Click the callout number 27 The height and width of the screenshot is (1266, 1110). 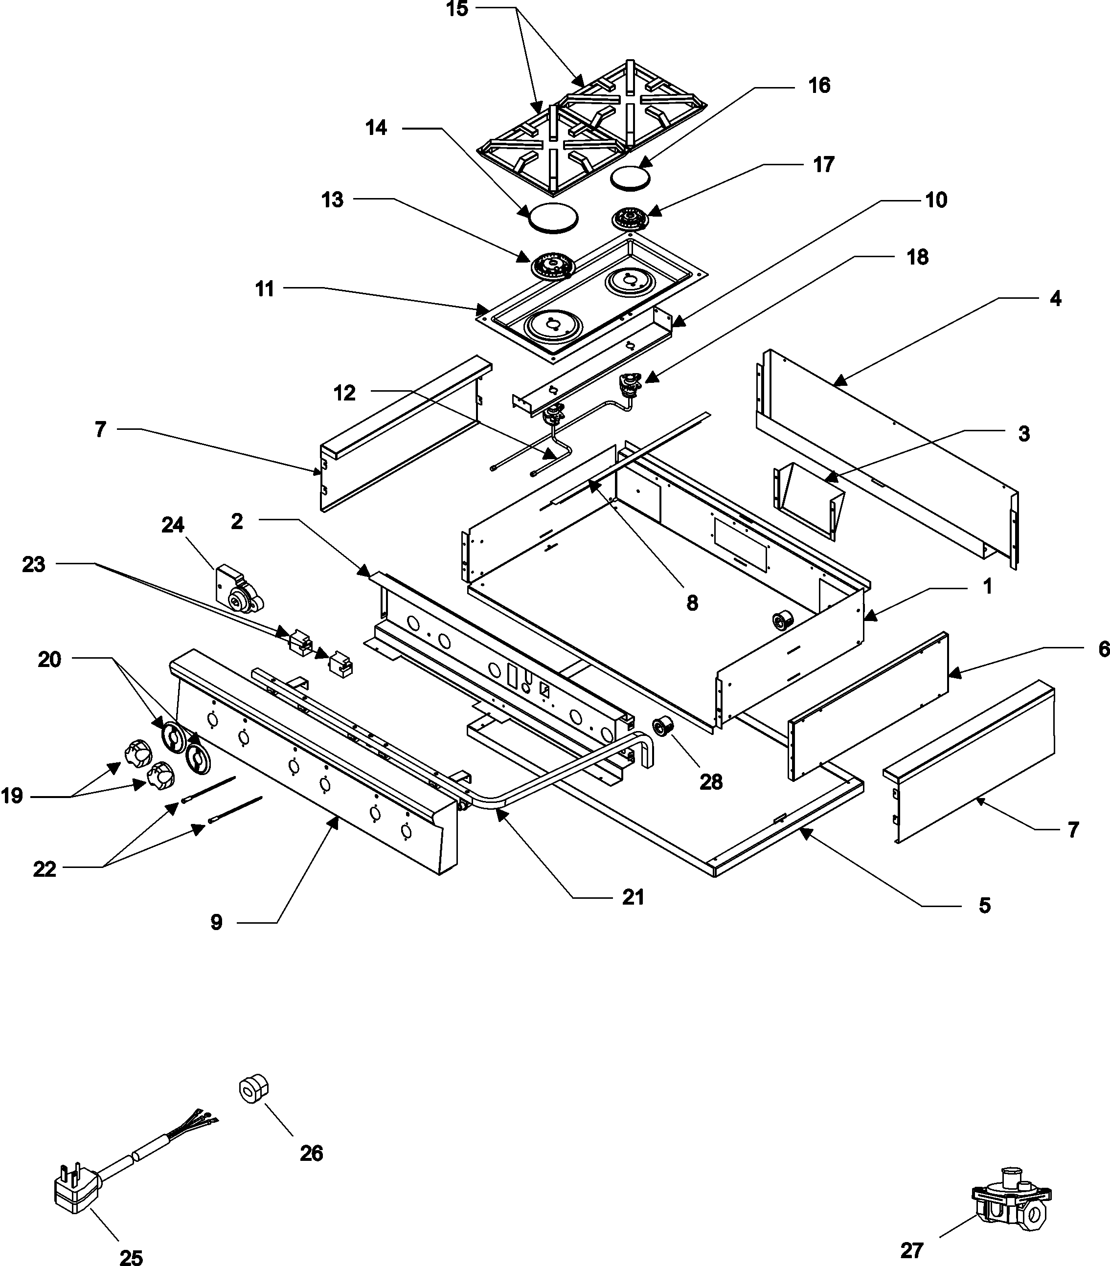(912, 1250)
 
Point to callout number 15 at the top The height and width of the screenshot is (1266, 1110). (457, 10)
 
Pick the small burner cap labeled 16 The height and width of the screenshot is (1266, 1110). (630, 177)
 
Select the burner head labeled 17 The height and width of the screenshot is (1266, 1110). (629, 219)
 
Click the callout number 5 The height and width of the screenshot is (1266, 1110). (984, 906)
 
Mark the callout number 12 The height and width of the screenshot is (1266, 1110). (344, 393)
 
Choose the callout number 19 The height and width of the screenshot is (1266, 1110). (12, 796)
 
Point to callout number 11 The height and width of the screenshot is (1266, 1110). (265, 289)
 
